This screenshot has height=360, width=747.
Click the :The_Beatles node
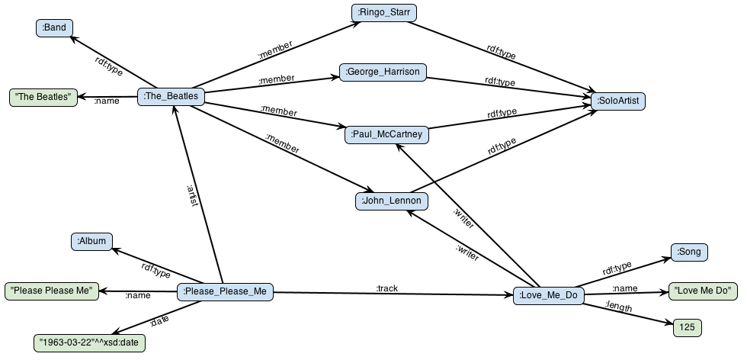click(x=172, y=96)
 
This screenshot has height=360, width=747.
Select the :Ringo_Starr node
click(x=384, y=12)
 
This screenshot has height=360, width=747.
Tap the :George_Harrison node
click(x=383, y=72)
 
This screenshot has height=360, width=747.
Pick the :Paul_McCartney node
click(x=387, y=134)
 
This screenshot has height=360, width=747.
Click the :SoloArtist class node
click(x=618, y=100)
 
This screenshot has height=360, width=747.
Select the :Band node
click(x=54, y=28)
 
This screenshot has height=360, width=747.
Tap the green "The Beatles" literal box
click(x=43, y=97)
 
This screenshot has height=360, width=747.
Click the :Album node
click(x=92, y=243)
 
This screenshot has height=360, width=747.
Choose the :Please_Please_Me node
click(x=225, y=291)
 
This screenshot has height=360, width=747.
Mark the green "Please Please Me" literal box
click(x=52, y=291)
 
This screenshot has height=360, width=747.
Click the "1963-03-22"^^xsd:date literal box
click(x=89, y=342)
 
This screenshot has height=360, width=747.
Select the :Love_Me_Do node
click(x=548, y=295)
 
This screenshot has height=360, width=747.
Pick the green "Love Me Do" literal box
click(x=703, y=291)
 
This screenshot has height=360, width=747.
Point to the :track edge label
click(x=387, y=288)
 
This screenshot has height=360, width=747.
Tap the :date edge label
click(x=159, y=322)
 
